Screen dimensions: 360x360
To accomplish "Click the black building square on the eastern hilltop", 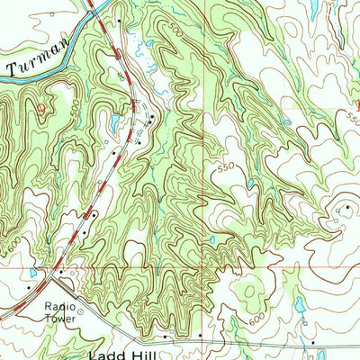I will tap(345, 208).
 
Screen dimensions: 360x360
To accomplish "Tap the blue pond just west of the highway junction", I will tap(32, 272).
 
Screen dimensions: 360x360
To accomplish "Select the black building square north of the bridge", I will tap(117, 19).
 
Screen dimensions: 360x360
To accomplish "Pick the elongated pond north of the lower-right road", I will tap(296, 307).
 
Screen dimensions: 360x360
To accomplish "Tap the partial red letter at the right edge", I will tap(355, 115).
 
